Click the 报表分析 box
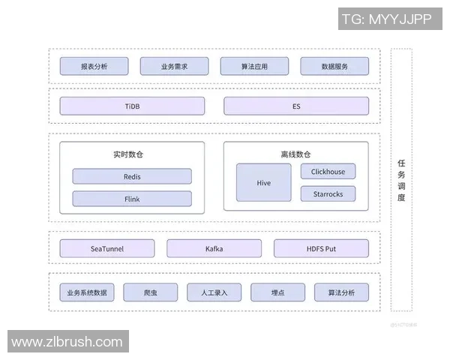94,66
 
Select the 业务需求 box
174,66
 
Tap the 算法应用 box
254,66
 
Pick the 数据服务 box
334,66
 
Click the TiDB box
132,106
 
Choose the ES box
296,106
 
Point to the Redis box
132,177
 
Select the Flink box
132,199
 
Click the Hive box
263,182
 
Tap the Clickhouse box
328,172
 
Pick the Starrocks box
328,194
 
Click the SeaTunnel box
106,248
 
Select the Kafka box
214,248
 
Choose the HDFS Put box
321,248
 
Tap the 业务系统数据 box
87,292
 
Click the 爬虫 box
151,292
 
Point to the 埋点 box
277,292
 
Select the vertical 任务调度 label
401,180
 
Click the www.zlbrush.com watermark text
67,342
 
